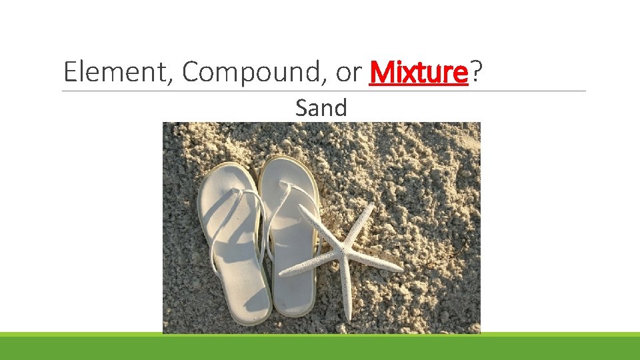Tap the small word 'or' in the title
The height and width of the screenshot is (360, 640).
(348, 73)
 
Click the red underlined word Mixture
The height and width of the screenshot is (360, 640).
(419, 72)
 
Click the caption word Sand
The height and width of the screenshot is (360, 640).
(321, 107)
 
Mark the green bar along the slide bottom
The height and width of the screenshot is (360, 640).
(320, 347)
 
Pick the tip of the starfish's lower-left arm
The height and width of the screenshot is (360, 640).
(282, 273)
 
